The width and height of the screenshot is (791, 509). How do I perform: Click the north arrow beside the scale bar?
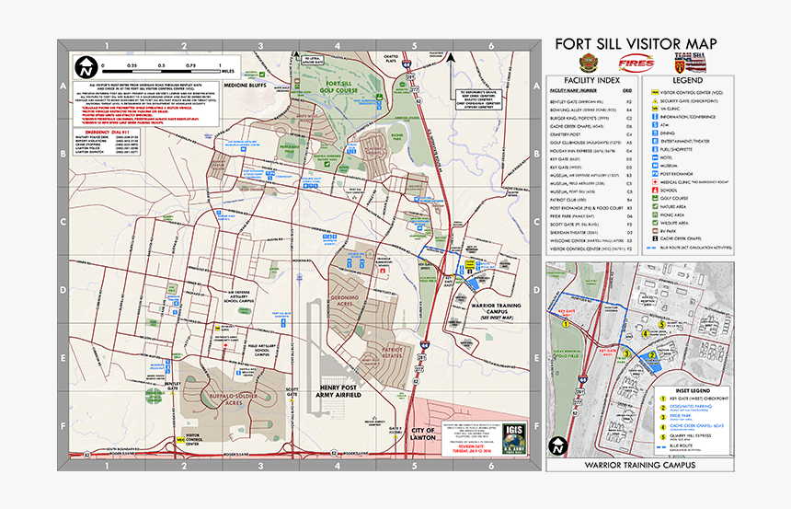pyautogui.click(x=86, y=68)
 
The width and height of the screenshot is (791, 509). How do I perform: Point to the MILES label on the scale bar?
pyautogui.click(x=230, y=70)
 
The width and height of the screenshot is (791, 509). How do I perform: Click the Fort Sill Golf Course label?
pyautogui.click(x=339, y=87)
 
